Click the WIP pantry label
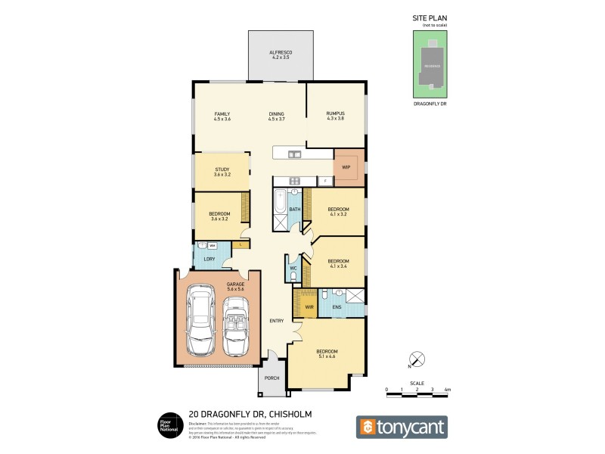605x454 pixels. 346,167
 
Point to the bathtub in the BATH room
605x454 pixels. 280,205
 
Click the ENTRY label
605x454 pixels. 276,321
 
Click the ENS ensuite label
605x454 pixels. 337,307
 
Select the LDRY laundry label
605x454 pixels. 209,260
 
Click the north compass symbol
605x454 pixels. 414,359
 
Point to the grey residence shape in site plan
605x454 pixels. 430,64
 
